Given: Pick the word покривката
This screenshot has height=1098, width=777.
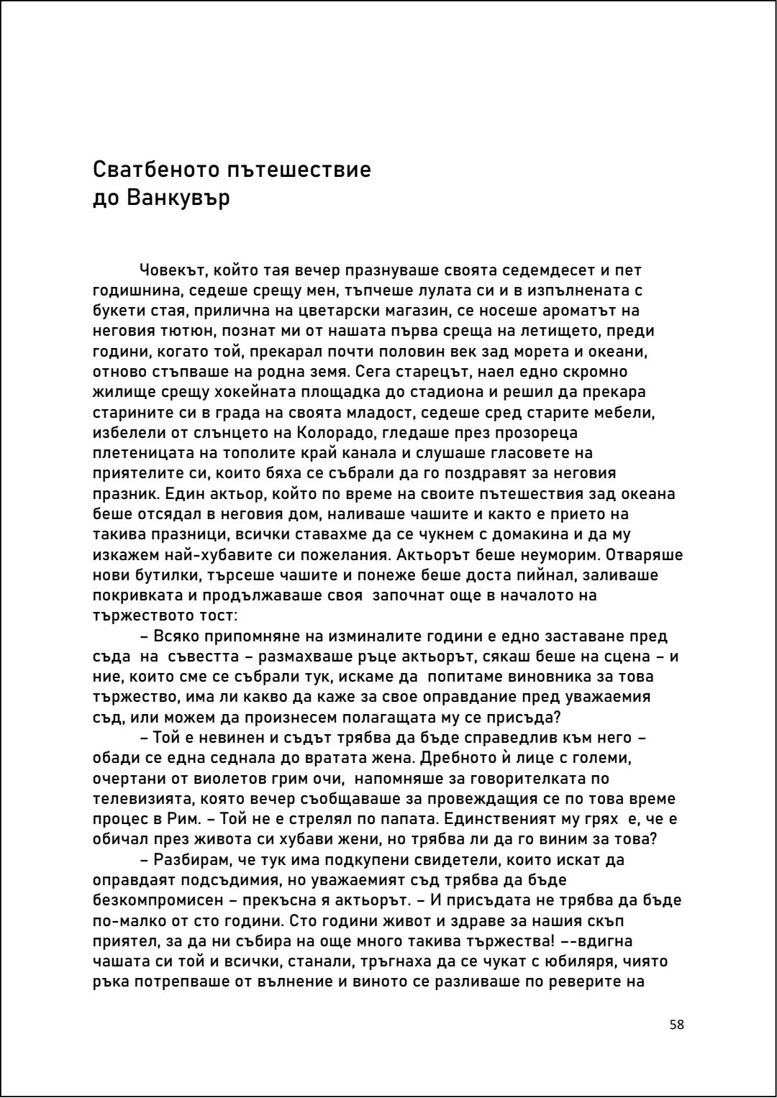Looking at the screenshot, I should (135, 595).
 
